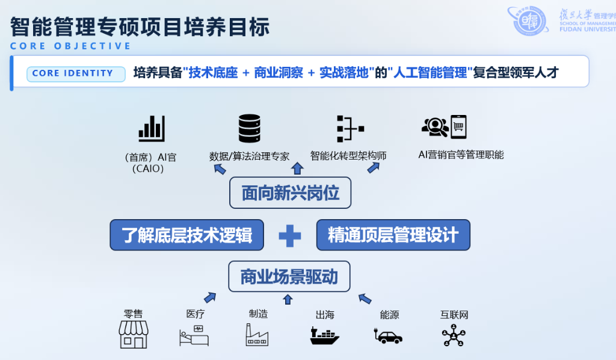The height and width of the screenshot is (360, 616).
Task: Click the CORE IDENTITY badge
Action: tap(76, 73)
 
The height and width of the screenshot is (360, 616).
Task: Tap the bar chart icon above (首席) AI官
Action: tap(152, 128)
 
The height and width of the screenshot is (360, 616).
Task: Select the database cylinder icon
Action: tap(250, 128)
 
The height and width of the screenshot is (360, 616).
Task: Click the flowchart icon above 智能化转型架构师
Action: tap(351, 128)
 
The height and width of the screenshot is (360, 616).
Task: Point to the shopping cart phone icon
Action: tap(458, 127)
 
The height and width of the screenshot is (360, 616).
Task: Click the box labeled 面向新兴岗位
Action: tap(291, 193)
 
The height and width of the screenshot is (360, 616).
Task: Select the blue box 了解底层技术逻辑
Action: tap(186, 235)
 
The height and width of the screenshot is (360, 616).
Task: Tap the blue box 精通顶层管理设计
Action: tap(393, 235)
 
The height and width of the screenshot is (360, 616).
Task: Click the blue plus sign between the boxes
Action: tap(290, 236)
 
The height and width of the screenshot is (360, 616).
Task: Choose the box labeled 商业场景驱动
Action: tap(289, 277)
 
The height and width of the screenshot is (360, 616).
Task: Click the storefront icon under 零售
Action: tap(134, 335)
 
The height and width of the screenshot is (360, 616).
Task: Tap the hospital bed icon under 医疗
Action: tap(194, 336)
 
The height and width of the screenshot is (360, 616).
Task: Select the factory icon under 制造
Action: tap(257, 335)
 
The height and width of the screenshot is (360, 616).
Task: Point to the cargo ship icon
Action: tap(324, 336)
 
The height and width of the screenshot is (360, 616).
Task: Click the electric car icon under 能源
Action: tap(388, 336)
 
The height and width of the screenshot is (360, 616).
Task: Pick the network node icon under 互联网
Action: tap(454, 335)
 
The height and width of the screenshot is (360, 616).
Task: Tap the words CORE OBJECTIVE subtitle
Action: tap(71, 46)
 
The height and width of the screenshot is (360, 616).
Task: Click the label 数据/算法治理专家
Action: tap(250, 157)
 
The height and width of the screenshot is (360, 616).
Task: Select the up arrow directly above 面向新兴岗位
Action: tap(297, 168)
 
